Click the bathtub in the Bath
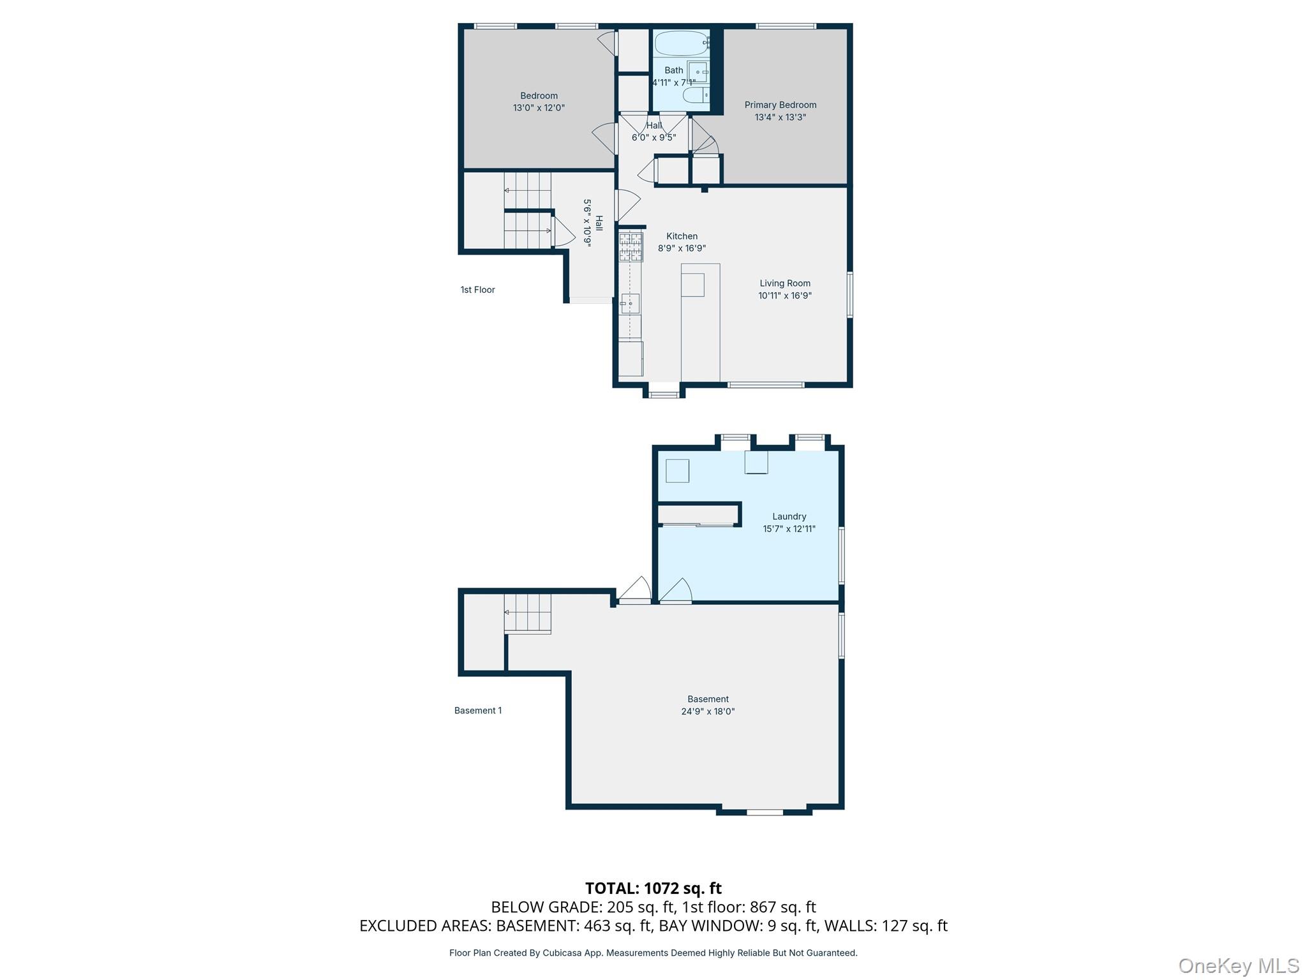(x=681, y=43)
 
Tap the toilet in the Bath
(x=696, y=96)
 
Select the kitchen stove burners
(x=631, y=247)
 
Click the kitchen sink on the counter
(x=631, y=304)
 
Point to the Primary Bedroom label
(x=780, y=105)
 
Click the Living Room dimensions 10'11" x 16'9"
(x=784, y=295)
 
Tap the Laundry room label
(x=789, y=516)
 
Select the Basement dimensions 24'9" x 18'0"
(x=708, y=711)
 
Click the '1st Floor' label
(x=477, y=290)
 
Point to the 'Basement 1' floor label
(x=477, y=710)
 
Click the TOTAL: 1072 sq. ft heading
(x=653, y=887)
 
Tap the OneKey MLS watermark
(x=1238, y=965)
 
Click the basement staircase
(x=527, y=613)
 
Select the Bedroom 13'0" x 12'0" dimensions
(x=539, y=108)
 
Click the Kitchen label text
(x=682, y=236)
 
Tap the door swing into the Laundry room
(x=676, y=591)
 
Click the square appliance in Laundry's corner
(x=677, y=471)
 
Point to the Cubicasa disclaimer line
(x=653, y=953)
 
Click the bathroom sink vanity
(x=698, y=72)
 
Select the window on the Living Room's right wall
(x=849, y=294)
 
